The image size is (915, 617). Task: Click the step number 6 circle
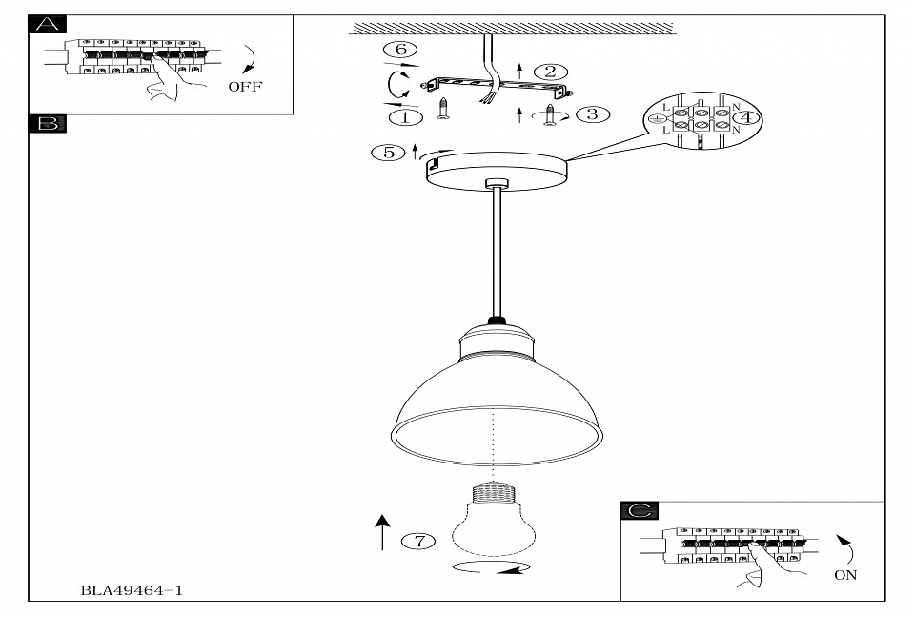pos(400,49)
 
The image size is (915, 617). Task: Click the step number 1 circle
pos(406,116)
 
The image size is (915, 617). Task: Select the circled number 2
pos(550,72)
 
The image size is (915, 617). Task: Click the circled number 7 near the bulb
pos(418,541)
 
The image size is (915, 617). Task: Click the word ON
pos(844,575)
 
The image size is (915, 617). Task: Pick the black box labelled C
pos(638,511)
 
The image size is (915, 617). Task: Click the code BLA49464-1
pos(132,590)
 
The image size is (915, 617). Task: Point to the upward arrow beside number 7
pos(383,532)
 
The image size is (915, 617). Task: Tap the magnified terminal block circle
pos(703,122)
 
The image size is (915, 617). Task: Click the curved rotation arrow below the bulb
pos(490,568)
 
